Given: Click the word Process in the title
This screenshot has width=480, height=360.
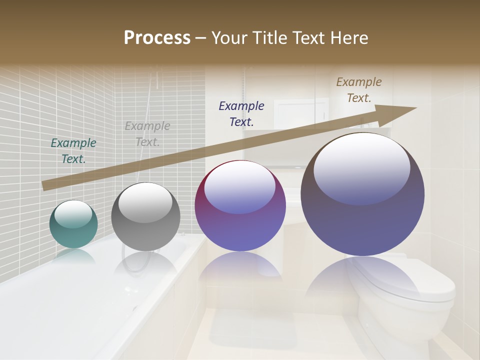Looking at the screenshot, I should coord(157,38).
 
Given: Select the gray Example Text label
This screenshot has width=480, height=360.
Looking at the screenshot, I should coord(147,134).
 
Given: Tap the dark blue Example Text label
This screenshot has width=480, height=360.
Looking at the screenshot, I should coord(241,113).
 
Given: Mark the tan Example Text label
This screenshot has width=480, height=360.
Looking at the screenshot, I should coord(359,90).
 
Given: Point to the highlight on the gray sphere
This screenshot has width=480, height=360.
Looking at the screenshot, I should coord(145,202).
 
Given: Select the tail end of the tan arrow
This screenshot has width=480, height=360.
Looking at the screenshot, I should coord(46,185).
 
